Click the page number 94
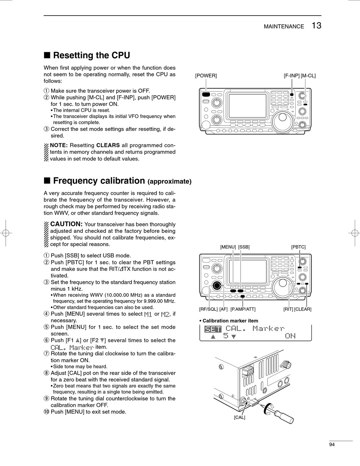click(332, 445)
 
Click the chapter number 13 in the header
click(317, 25)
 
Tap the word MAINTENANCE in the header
click(284, 27)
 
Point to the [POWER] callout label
click(206, 75)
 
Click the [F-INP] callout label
click(291, 75)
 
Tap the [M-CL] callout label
click(308, 75)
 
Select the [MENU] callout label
click(228, 247)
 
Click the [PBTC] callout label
click(298, 247)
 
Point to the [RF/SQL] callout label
click(208, 309)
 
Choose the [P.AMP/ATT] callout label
click(243, 309)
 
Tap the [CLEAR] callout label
click(303, 309)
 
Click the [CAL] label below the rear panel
click(239, 417)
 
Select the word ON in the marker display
click(290, 336)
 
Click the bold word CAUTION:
click(66, 224)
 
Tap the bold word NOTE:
click(59, 145)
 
